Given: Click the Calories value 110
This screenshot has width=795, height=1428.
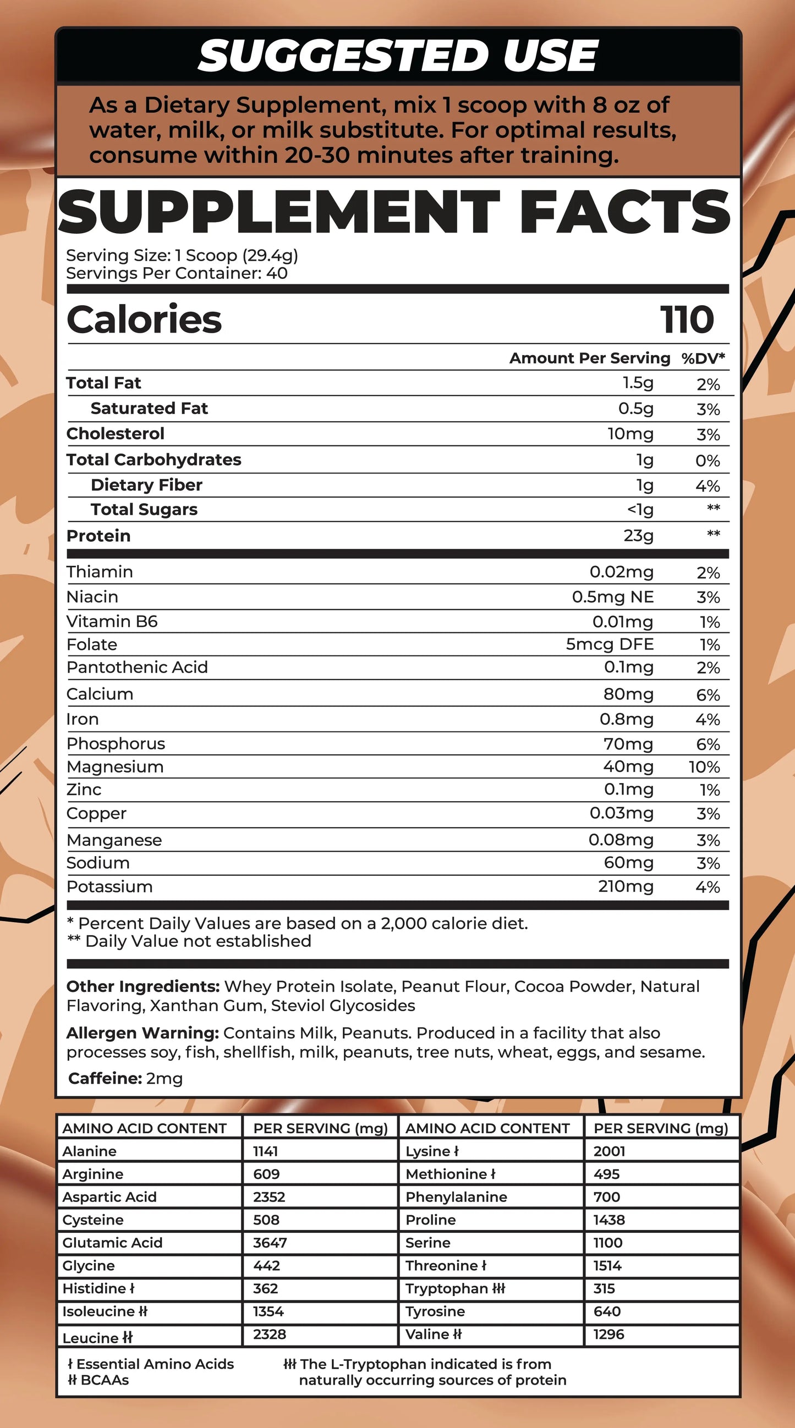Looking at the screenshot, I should [687, 320].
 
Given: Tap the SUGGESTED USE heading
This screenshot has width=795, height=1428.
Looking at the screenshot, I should [398, 56].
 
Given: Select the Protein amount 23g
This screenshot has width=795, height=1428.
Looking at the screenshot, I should [638, 536].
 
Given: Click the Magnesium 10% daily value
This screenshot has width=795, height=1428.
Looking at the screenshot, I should [704, 767].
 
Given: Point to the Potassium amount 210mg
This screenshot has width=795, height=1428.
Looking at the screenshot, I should [625, 886].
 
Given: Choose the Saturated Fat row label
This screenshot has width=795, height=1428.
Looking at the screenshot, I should [149, 409].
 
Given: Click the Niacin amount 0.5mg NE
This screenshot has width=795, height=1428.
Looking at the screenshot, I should [612, 597].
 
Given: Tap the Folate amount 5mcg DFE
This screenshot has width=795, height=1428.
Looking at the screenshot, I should [609, 644].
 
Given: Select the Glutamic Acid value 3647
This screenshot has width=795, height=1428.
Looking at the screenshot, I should [270, 1243].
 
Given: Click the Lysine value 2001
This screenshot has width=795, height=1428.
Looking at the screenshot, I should [609, 1151].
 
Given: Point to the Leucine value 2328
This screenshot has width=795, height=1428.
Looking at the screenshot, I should [269, 1335].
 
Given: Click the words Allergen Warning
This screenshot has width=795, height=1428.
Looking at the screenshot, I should [142, 1033].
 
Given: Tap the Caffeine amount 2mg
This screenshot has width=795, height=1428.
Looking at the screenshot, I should [164, 1078].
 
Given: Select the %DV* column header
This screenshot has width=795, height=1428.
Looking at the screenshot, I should [703, 359].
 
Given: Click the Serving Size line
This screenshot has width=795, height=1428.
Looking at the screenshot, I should [182, 256].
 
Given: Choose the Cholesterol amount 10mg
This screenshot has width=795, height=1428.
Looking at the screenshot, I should [630, 433].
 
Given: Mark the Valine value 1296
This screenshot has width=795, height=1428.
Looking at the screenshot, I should [608, 1335].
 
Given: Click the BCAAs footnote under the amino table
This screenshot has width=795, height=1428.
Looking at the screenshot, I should [98, 1380].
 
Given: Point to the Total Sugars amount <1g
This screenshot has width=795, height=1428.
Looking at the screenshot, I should [640, 509].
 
